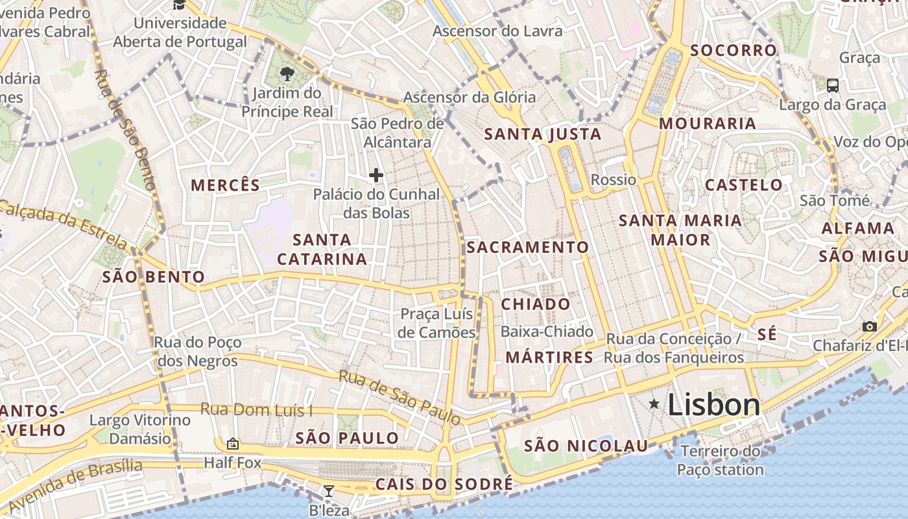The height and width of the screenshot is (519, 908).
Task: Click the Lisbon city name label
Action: (713, 405)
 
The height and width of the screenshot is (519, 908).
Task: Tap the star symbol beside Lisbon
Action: (654, 404)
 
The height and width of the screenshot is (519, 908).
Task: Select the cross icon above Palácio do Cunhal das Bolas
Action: (376, 175)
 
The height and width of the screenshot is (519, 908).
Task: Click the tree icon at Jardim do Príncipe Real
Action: (287, 74)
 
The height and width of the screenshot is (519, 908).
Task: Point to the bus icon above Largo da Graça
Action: (833, 85)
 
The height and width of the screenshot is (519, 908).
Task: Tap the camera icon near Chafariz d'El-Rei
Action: (870, 326)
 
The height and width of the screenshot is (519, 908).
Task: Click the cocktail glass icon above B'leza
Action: (329, 491)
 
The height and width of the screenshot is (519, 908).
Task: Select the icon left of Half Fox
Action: (232, 444)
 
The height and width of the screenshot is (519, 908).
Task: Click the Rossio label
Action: (614, 180)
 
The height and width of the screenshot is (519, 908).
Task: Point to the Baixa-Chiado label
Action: (547, 332)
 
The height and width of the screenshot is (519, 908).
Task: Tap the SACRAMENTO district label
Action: (527, 247)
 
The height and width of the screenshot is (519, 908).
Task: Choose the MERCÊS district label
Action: (225, 186)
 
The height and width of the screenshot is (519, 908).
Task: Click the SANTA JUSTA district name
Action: (543, 135)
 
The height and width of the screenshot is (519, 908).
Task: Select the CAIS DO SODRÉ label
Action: (444, 485)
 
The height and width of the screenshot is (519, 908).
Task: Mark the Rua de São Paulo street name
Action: (400, 398)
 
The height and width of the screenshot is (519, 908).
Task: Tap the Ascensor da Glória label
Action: (470, 97)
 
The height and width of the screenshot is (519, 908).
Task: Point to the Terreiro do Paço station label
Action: (720, 460)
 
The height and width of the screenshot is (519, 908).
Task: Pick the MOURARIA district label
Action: (708, 123)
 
